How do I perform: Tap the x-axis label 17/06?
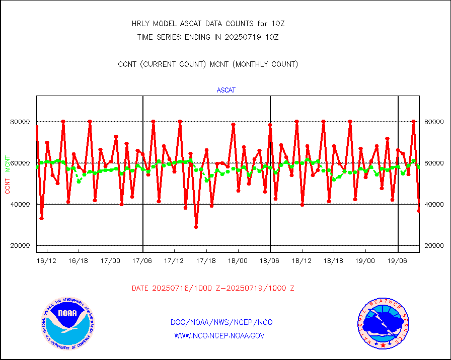[142, 260]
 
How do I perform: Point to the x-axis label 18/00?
[238, 260]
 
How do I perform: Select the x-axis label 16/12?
[47, 260]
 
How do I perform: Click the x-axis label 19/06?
[398, 260]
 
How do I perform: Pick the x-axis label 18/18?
[334, 260]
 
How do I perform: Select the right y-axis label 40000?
[434, 204]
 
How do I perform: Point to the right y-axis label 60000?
[434, 163]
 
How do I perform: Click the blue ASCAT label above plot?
[226, 91]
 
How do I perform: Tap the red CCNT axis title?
[8, 185]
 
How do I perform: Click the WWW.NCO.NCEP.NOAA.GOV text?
[219, 335]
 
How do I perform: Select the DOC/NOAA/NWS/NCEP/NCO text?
[221, 322]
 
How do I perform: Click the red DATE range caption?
[213, 288]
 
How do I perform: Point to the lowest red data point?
[196, 227]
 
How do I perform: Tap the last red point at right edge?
[419, 211]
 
